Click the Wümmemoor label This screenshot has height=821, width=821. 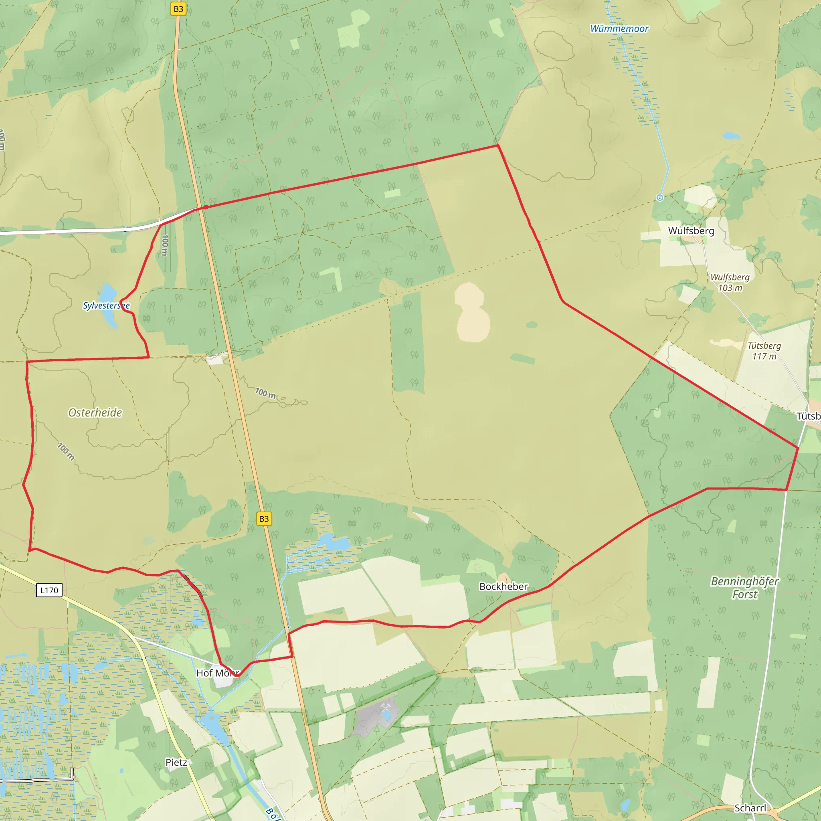click(x=619, y=29)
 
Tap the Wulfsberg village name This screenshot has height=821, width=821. click(x=691, y=231)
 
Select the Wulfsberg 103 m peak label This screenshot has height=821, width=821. click(x=730, y=282)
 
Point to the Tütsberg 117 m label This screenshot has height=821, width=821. click(x=764, y=351)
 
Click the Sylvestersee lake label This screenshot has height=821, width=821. click(x=106, y=305)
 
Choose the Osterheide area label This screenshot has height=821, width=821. click(x=95, y=413)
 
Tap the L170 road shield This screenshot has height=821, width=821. click(x=49, y=590)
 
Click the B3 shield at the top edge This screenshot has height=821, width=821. click(x=178, y=9)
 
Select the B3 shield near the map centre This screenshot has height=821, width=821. click(x=264, y=519)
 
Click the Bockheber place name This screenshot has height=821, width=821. click(x=503, y=586)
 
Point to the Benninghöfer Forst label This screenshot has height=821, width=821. click(x=744, y=588)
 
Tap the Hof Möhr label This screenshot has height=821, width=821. click(x=218, y=673)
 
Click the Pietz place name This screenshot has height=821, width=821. click(x=176, y=762)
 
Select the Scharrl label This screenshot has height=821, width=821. click(x=750, y=808)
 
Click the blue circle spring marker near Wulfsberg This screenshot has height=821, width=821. click(x=659, y=198)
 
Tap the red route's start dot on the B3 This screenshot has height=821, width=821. click(x=206, y=207)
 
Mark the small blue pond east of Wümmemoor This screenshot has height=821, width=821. click(x=731, y=136)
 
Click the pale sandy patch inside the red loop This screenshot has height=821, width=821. click(x=472, y=312)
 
